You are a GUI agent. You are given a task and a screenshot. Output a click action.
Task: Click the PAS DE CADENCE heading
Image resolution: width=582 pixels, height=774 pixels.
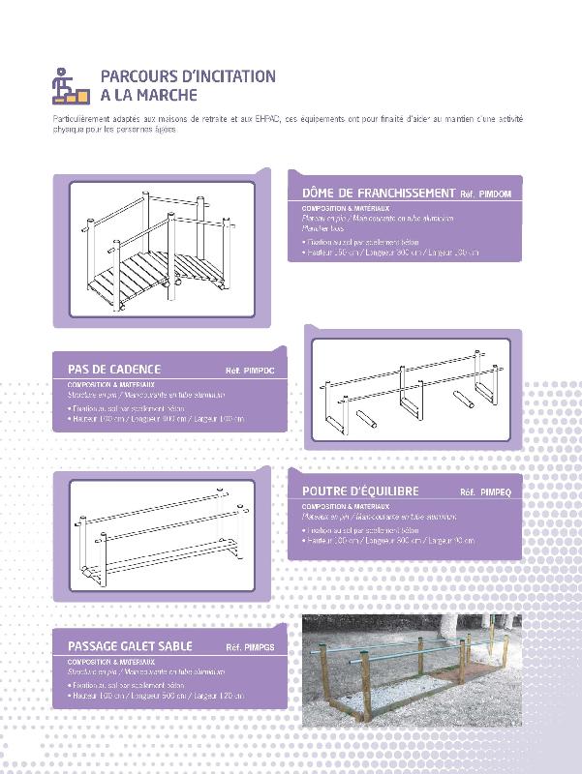click(x=114, y=370)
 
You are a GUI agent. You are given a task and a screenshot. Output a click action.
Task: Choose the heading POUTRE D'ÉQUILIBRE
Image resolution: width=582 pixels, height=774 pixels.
click(x=360, y=491)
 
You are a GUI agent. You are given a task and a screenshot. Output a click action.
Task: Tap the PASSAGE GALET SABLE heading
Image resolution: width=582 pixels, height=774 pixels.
click(x=130, y=646)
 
